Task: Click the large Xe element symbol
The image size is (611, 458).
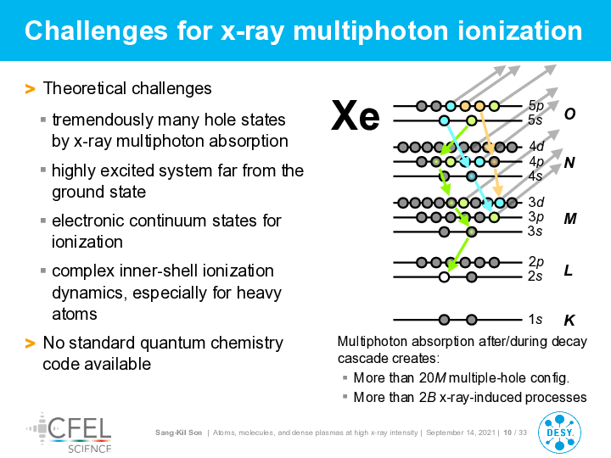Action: click(355, 115)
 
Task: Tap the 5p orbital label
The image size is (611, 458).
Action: click(535, 105)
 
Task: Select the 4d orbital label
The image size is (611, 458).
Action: click(536, 147)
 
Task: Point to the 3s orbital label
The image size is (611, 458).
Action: click(535, 231)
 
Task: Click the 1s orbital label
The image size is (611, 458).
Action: click(535, 320)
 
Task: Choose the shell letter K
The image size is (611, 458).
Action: click(569, 320)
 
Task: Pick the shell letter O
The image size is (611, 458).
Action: click(569, 114)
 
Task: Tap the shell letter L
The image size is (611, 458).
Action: click(568, 270)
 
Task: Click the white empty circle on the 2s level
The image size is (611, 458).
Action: click(444, 277)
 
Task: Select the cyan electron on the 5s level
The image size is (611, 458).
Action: click(444, 120)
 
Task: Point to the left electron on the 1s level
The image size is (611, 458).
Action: click(444, 320)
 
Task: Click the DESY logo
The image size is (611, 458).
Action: click(559, 433)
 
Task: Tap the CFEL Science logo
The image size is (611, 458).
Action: click(70, 433)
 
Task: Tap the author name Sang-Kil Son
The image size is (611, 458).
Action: click(178, 433)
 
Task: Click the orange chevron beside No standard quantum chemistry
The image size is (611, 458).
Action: click(30, 343)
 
